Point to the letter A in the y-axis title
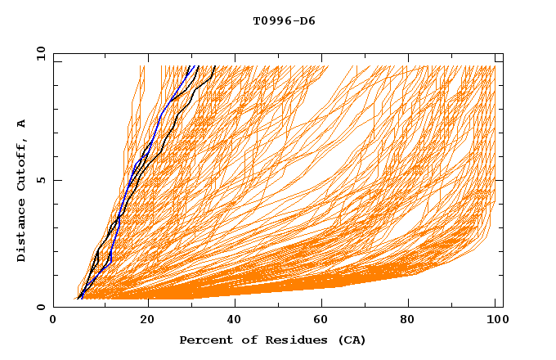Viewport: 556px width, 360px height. tap(22, 123)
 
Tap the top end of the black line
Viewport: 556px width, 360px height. tap(214, 66)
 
